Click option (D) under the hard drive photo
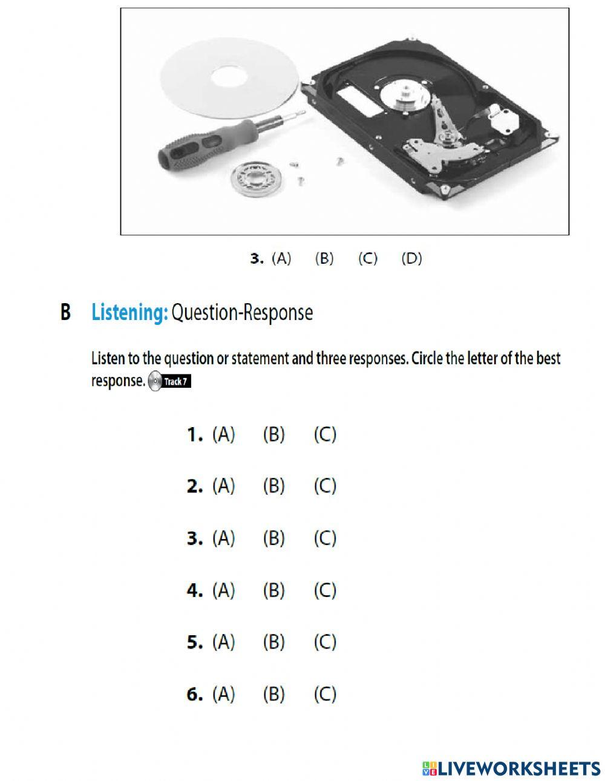[x=412, y=258]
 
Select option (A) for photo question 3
[x=281, y=258]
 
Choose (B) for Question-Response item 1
[x=273, y=434]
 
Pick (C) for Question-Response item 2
[x=325, y=486]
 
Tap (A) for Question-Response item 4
[x=223, y=590]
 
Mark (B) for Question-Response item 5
[x=273, y=642]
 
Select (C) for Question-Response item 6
[x=325, y=694]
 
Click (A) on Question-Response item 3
[x=223, y=538]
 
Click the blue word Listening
[x=129, y=313]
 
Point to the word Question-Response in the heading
[x=242, y=313]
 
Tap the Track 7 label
[x=175, y=382]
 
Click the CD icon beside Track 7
[x=155, y=381]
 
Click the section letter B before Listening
[x=65, y=312]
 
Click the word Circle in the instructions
[x=427, y=358]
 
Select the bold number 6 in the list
[x=194, y=694]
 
